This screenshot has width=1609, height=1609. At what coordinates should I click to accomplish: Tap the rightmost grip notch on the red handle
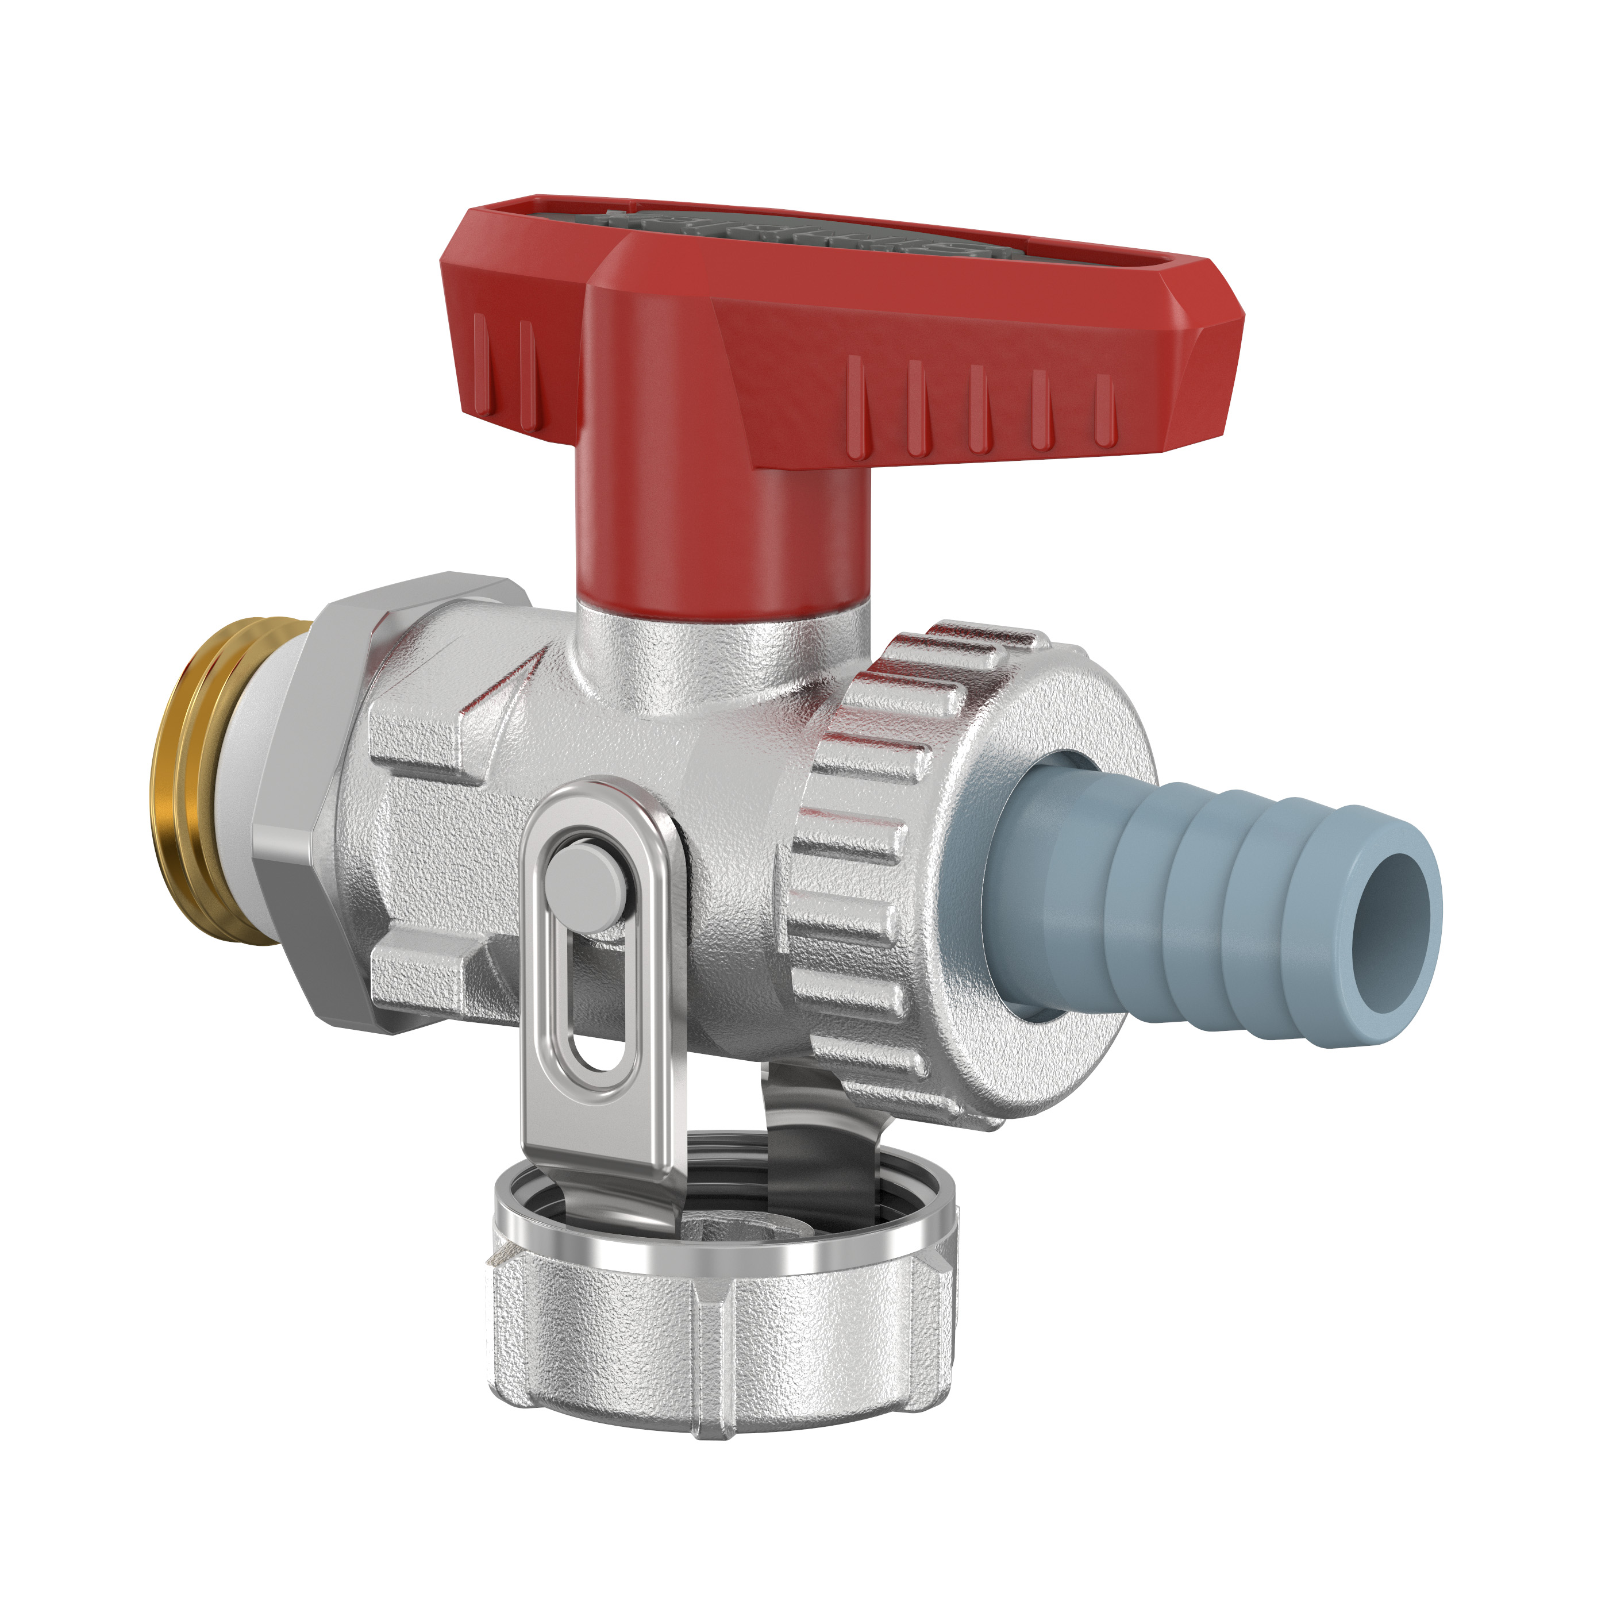(1105, 408)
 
